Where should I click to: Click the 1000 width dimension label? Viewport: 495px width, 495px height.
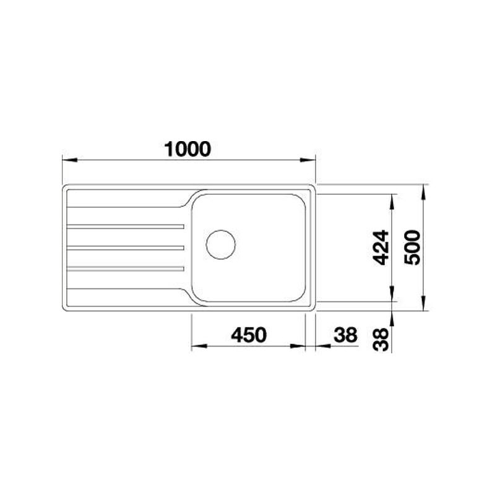click(187, 149)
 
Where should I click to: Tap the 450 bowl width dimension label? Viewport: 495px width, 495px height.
click(249, 335)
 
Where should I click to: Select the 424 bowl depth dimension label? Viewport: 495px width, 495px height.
click(381, 247)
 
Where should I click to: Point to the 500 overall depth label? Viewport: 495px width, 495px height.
click(413, 247)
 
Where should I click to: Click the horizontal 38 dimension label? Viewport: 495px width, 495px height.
click(345, 335)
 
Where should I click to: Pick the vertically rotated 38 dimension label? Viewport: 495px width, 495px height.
click(381, 339)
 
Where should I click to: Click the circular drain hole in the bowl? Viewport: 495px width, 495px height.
click(221, 244)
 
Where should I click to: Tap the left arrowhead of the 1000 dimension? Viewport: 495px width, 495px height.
click(70, 160)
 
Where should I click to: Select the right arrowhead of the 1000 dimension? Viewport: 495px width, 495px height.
click(308, 160)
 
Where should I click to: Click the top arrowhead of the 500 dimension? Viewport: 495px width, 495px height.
click(424, 192)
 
